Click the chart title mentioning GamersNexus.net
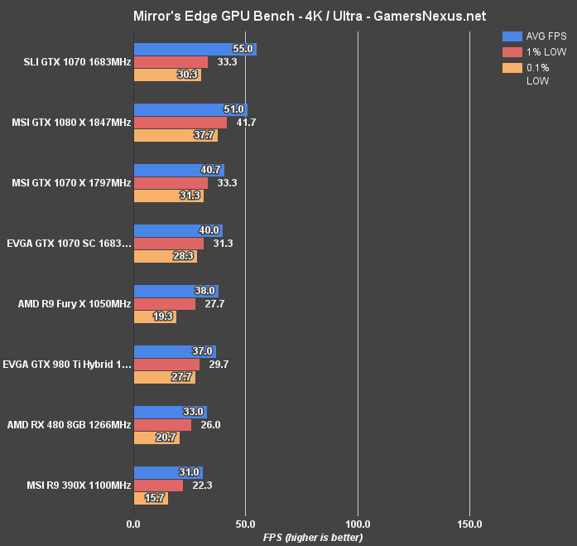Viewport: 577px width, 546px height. [288, 16]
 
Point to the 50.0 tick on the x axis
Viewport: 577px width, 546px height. [245, 524]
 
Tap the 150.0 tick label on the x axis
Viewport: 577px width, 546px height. [469, 524]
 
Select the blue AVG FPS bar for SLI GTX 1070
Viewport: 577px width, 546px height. [195, 50]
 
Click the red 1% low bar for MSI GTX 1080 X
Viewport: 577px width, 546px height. [180, 123]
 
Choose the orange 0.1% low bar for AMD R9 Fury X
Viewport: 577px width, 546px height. [155, 316]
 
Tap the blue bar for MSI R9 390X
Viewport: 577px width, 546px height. [168, 472]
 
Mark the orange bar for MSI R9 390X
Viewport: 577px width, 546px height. [151, 498]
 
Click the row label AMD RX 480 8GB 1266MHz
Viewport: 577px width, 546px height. [69, 425]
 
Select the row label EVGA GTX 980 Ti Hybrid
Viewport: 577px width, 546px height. [67, 365]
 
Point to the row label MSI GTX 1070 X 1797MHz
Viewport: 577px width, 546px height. [71, 183]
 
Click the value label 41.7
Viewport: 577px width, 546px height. [246, 123]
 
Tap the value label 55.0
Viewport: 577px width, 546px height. [243, 50]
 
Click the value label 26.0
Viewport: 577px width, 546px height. [210, 425]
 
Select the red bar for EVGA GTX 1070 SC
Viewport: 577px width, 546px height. [168, 244]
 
